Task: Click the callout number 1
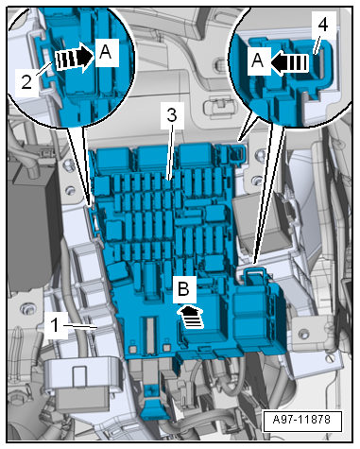point(55,325)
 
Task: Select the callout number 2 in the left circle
point(26,81)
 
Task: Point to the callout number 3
point(172,115)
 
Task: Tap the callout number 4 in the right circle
point(323,24)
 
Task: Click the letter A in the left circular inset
point(105,52)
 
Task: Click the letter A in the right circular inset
point(258,60)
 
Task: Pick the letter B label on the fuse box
point(183,288)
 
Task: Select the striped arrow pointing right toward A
point(75,58)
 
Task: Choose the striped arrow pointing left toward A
point(288,62)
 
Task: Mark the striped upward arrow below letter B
point(191,317)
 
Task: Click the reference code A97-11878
point(301,420)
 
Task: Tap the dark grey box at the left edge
point(31,227)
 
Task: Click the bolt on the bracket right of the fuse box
point(303,333)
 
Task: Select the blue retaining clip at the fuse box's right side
point(253,273)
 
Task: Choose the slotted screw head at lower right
point(330,358)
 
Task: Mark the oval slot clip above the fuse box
point(219,106)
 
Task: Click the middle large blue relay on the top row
point(154,159)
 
